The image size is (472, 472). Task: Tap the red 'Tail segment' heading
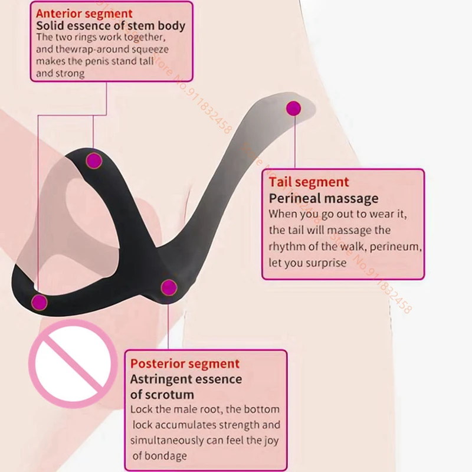[309, 182]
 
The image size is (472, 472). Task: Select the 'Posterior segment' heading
[185, 363]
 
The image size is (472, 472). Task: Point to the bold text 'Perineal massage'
[323, 198]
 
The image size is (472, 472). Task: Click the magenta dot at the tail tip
[293, 108]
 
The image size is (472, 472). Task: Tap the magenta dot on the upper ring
[94, 160]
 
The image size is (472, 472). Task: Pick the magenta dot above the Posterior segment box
[169, 287]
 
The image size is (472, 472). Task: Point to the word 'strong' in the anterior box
[71, 74]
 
